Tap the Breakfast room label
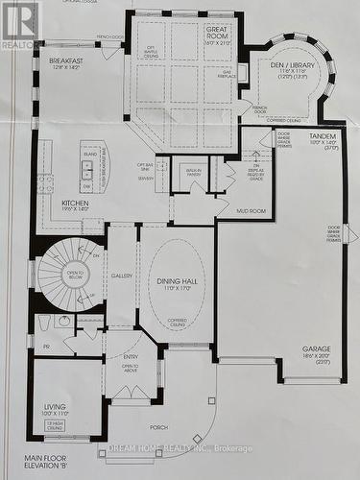coord(66,60)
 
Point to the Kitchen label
coord(75,204)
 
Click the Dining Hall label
coord(177,281)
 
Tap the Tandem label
coord(323,136)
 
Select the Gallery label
coord(122,275)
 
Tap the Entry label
coord(130,356)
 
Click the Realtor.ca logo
coord(20,25)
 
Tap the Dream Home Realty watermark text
coord(180,448)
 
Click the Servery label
coord(145,178)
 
